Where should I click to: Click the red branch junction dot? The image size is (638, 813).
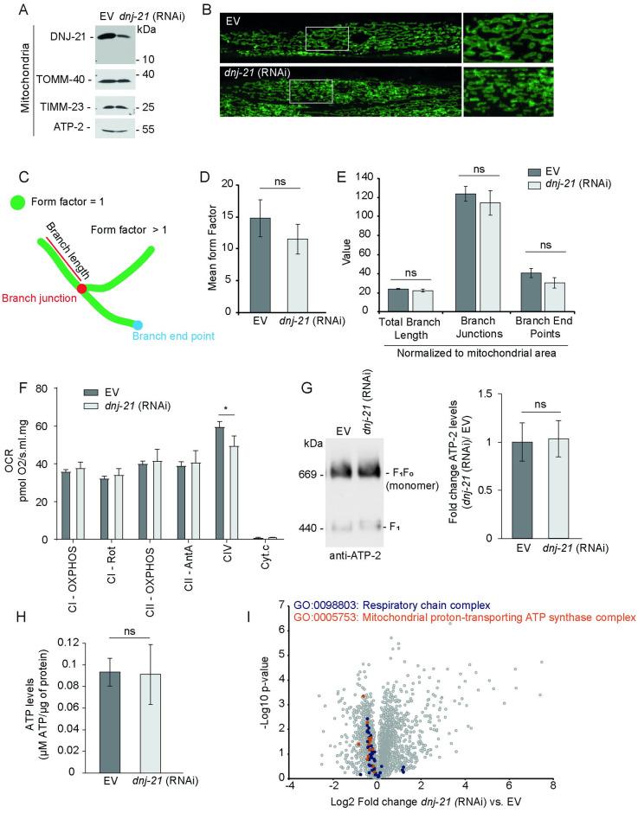81,287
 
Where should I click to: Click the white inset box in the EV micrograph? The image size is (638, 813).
326,38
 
